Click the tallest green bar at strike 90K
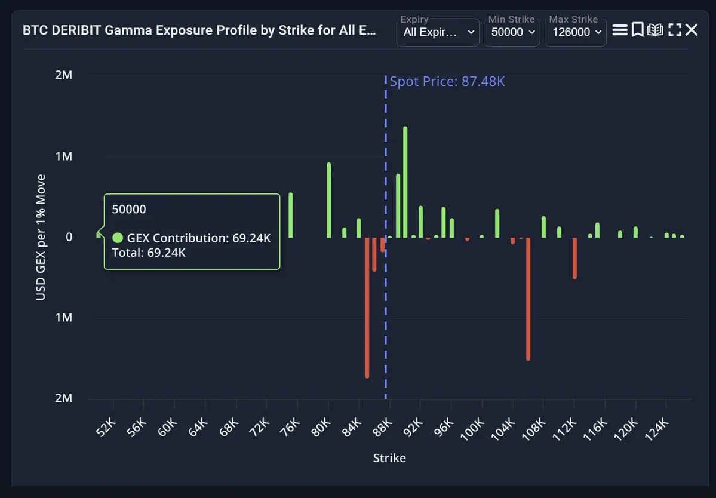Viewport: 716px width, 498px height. coord(405,182)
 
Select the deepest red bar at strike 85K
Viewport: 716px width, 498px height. coord(367,308)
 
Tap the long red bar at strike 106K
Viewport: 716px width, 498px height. coord(528,299)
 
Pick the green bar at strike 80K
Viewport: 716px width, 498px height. coord(328,200)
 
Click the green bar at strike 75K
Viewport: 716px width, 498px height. coord(291,215)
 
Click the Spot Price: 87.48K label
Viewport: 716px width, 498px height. coord(447,81)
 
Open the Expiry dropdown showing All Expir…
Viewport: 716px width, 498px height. coord(438,32)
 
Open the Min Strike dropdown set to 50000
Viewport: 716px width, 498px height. coord(512,32)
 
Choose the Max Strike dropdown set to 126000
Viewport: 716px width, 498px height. coord(575,32)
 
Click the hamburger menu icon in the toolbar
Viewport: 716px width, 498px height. coord(620,30)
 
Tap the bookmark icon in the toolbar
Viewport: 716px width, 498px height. coord(637,30)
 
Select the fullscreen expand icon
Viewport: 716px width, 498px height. coord(675,30)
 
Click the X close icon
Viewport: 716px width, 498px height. coord(692,30)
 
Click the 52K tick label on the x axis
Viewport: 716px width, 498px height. coord(105,427)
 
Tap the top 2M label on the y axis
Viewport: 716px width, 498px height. coord(63,75)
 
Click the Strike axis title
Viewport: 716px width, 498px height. coord(389,458)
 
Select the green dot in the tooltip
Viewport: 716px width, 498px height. coord(118,238)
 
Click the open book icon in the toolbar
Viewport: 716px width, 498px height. coord(655,30)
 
